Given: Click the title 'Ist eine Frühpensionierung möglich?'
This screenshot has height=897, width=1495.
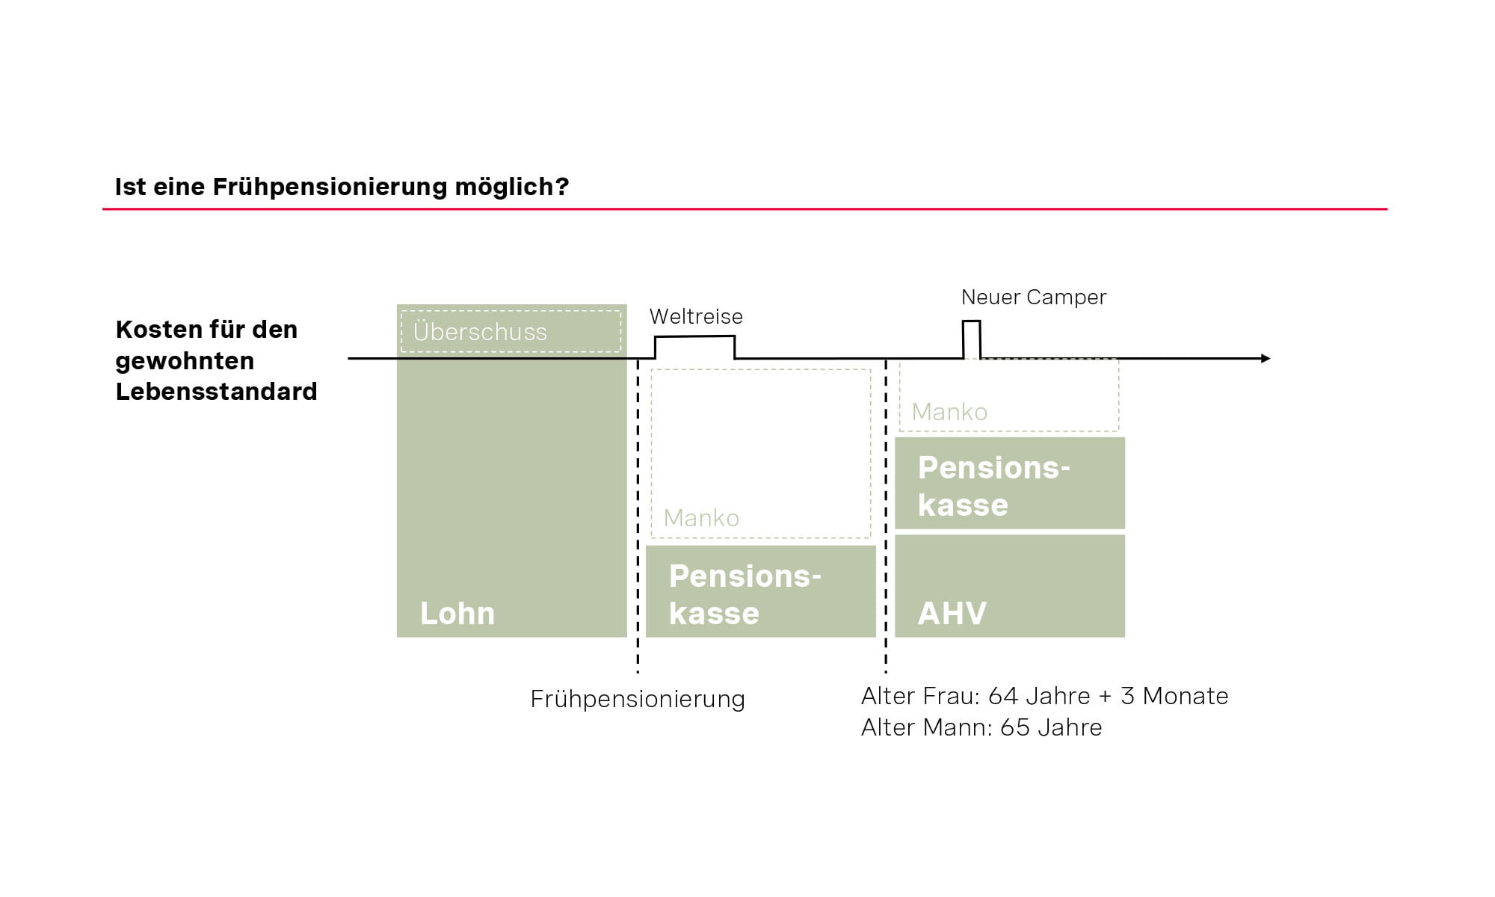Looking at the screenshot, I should (x=342, y=187).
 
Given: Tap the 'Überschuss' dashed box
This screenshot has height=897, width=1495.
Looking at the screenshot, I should (x=511, y=331).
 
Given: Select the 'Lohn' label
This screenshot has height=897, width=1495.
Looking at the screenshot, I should (x=457, y=614).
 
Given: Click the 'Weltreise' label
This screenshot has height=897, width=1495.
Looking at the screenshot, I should (x=696, y=316).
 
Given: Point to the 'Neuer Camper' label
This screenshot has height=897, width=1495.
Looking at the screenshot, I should (x=1033, y=297).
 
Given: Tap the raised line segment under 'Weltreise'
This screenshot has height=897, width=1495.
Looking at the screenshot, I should (x=695, y=337).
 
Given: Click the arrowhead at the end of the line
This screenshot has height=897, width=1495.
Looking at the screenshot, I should (x=1265, y=359).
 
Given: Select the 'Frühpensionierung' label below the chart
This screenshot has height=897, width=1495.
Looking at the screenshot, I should (x=638, y=699).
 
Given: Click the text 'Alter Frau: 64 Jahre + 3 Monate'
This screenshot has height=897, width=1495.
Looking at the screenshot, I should (x=1044, y=696).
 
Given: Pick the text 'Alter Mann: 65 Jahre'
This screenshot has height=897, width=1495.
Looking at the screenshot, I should (x=981, y=727).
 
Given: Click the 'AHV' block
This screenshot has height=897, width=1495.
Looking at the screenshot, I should (x=1009, y=586).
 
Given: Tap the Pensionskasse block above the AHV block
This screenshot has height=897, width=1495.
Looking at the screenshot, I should (x=1009, y=484).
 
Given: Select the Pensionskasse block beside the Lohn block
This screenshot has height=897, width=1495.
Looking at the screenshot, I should (x=760, y=591).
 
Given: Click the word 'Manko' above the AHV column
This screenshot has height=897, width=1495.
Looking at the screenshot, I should (x=949, y=412).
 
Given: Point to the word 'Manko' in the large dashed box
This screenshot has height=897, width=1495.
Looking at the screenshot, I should (x=701, y=518).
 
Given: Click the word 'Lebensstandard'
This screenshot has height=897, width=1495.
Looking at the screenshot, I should (x=216, y=392).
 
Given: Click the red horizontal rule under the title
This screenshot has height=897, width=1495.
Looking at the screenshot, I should (x=745, y=209).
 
